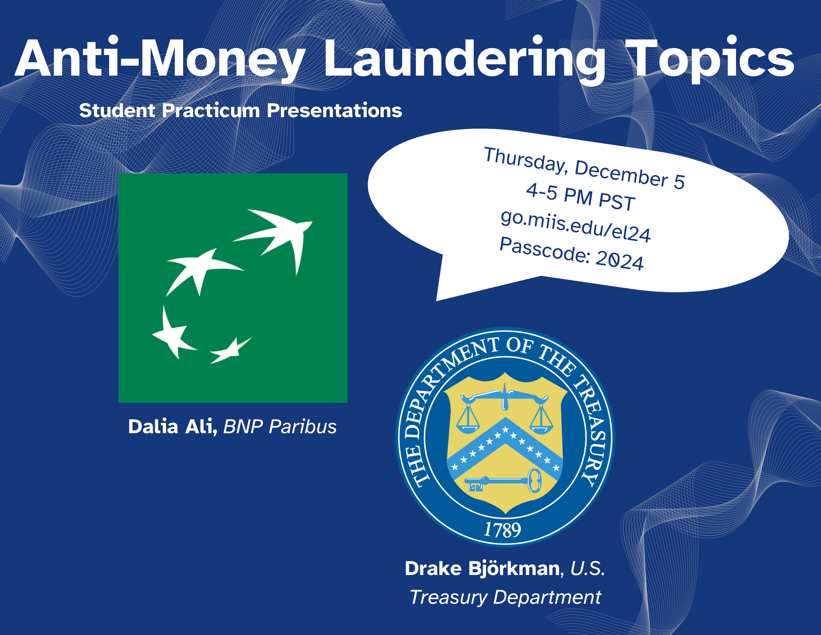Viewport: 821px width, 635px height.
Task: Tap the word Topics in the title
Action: coord(710,60)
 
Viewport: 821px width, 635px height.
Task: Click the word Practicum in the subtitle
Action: coord(211,111)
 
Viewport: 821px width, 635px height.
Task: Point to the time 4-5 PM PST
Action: coord(580,197)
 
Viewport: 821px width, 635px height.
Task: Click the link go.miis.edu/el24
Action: coord(576,226)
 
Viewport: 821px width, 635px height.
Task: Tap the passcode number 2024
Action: coord(619,260)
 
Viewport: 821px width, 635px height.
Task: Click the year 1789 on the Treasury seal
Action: coord(502,530)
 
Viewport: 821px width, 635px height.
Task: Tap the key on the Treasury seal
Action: coord(503,481)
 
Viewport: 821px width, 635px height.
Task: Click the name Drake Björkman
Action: coord(482,568)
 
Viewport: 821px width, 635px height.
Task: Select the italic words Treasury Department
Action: coord(505,597)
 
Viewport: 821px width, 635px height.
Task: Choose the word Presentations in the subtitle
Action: coord(335,111)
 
